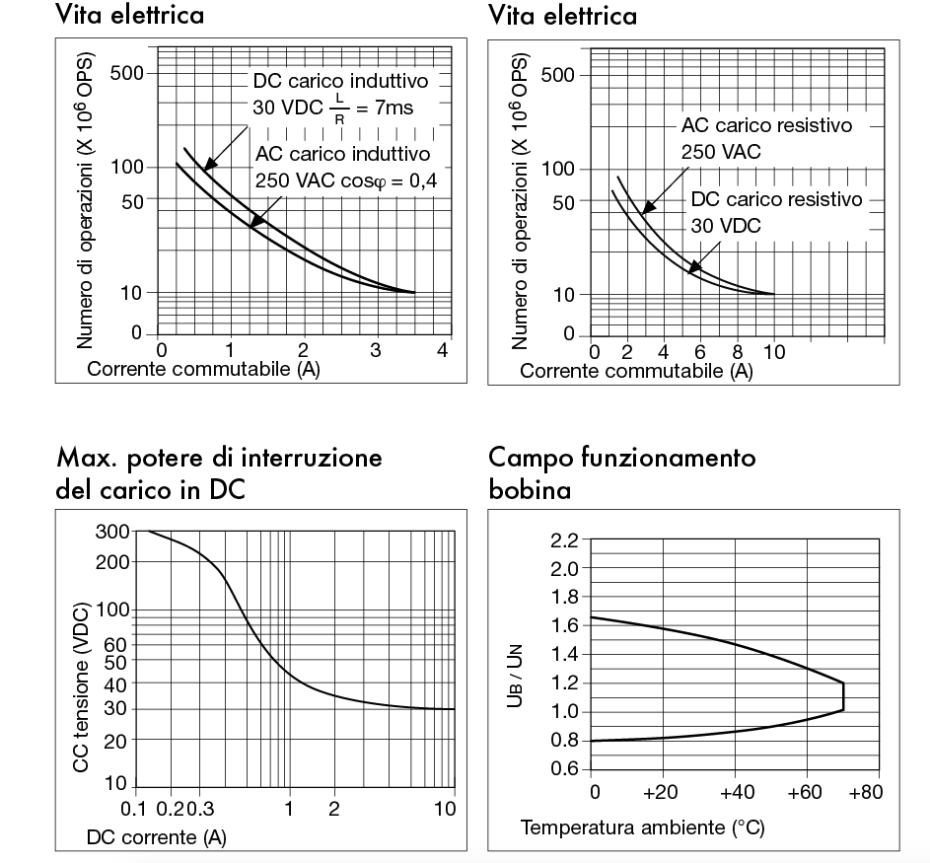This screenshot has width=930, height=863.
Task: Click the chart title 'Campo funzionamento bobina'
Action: pyautogui.click(x=622, y=473)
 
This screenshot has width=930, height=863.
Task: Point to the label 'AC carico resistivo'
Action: pyautogui.click(x=764, y=126)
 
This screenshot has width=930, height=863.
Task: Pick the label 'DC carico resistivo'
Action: pyautogui.click(x=776, y=199)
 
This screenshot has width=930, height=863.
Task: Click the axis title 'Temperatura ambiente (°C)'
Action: pyautogui.click(x=642, y=826)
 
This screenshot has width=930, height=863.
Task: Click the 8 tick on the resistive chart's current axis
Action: pyautogui.click(x=738, y=351)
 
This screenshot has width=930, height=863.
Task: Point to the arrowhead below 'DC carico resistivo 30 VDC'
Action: pyautogui.click(x=693, y=266)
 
